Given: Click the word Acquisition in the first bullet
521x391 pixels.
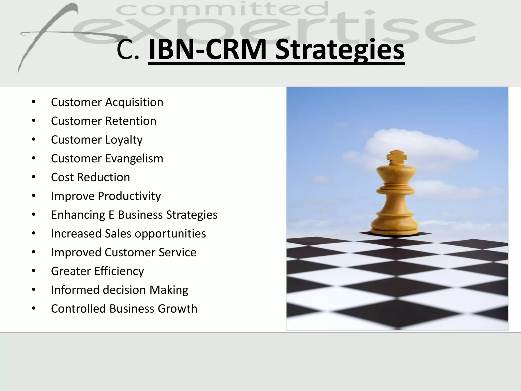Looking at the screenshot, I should pos(134,102).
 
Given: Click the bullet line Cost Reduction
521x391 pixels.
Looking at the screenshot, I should pos(90,177).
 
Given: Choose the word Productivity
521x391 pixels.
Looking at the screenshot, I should pos(129,196).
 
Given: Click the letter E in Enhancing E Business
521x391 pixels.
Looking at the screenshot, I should pos(111,215).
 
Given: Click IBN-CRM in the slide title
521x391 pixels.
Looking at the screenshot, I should pos(207,50).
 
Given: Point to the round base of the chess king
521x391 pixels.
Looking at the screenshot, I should pos(395,227).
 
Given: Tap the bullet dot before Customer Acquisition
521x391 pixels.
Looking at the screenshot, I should pos(34,102).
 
